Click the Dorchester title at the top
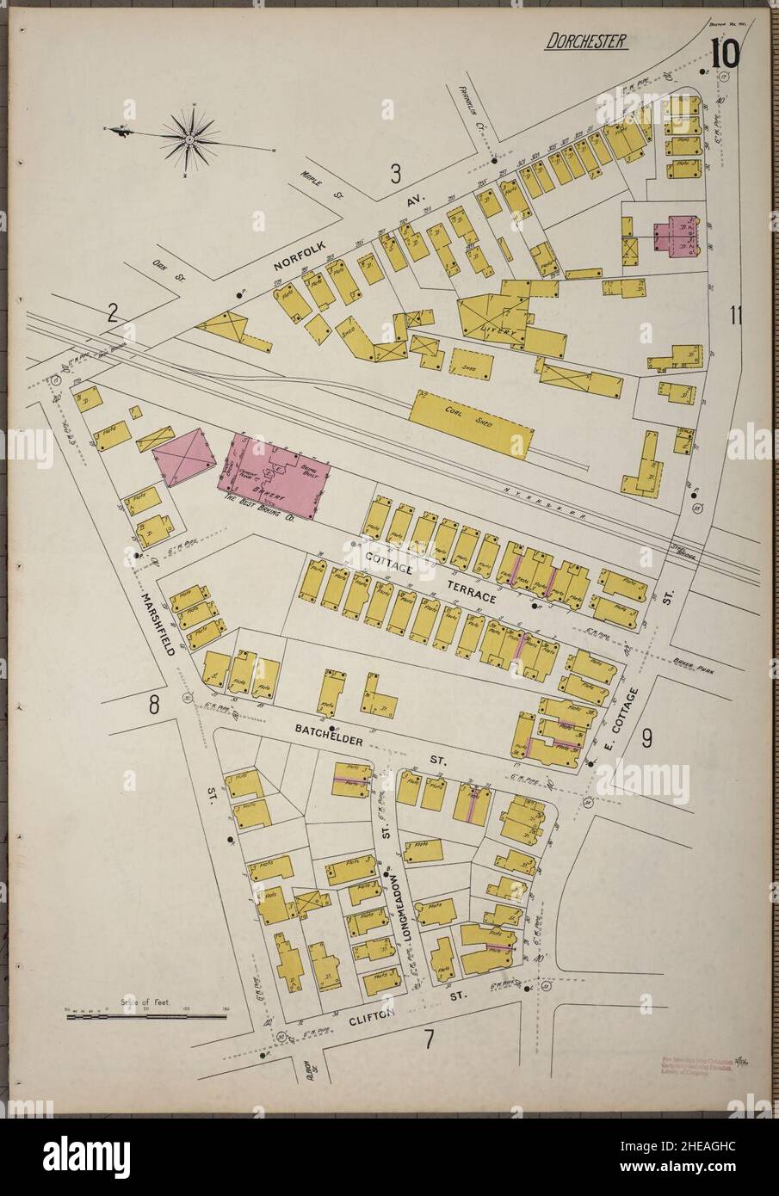pos(584,41)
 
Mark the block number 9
pos(646,737)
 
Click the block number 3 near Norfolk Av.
pos(395,174)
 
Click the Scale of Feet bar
pos(145,1017)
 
